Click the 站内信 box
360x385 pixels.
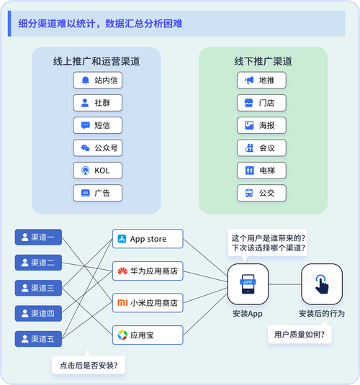[97, 81]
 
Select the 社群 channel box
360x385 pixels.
[97, 103]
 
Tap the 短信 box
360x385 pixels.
[97, 125]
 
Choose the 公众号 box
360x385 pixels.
[97, 148]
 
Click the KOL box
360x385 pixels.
[97, 171]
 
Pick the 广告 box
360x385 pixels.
[97, 193]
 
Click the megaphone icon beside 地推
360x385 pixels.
[249, 81]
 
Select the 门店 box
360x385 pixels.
[261, 103]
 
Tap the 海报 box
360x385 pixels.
[261, 125]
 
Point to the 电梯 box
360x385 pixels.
[261, 171]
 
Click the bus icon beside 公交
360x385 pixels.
[249, 193]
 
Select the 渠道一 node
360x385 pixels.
[39, 236]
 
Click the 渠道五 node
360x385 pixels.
[39, 338]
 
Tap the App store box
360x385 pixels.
[148, 239]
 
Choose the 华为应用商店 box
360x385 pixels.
[148, 271]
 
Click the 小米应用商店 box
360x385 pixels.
[148, 303]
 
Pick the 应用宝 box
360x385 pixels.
[148, 335]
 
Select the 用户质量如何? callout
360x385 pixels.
[300, 335]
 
